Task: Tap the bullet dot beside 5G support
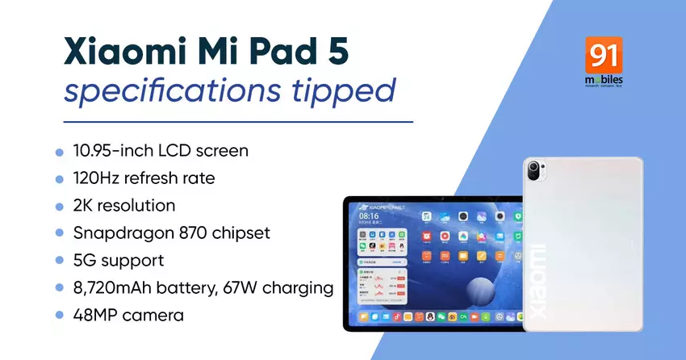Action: (x=59, y=261)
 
